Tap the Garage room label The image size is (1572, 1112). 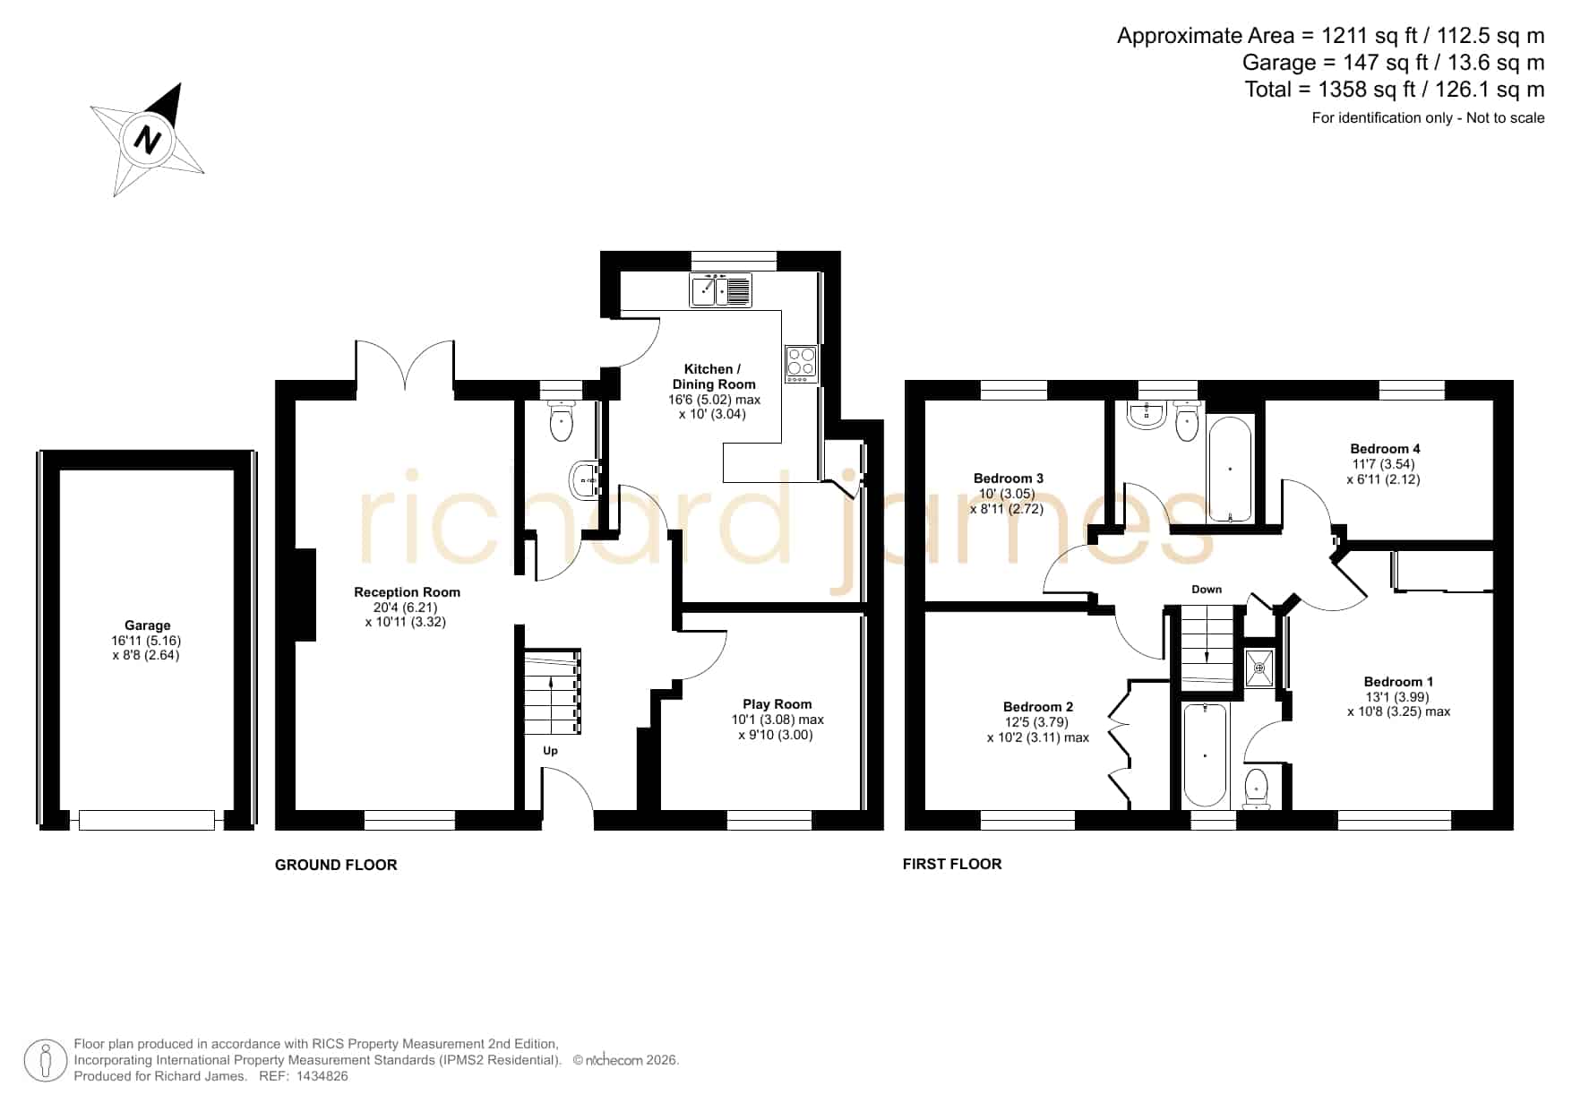click(x=148, y=625)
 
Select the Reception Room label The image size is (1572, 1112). click(x=407, y=592)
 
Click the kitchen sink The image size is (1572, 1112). click(x=721, y=290)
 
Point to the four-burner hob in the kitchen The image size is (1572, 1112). click(x=802, y=364)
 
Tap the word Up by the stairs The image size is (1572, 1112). click(x=550, y=751)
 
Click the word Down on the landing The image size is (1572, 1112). click(x=1207, y=590)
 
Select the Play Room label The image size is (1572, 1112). click(x=777, y=704)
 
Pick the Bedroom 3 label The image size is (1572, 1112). click(x=1009, y=478)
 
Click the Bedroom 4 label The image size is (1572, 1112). click(x=1385, y=449)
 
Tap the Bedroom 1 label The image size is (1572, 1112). click(x=1398, y=682)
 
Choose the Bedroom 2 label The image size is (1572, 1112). click(x=1038, y=707)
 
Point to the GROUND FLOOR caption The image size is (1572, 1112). click(x=336, y=865)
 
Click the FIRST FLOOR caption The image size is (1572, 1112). click(x=952, y=864)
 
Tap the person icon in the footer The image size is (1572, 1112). click(x=46, y=1061)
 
